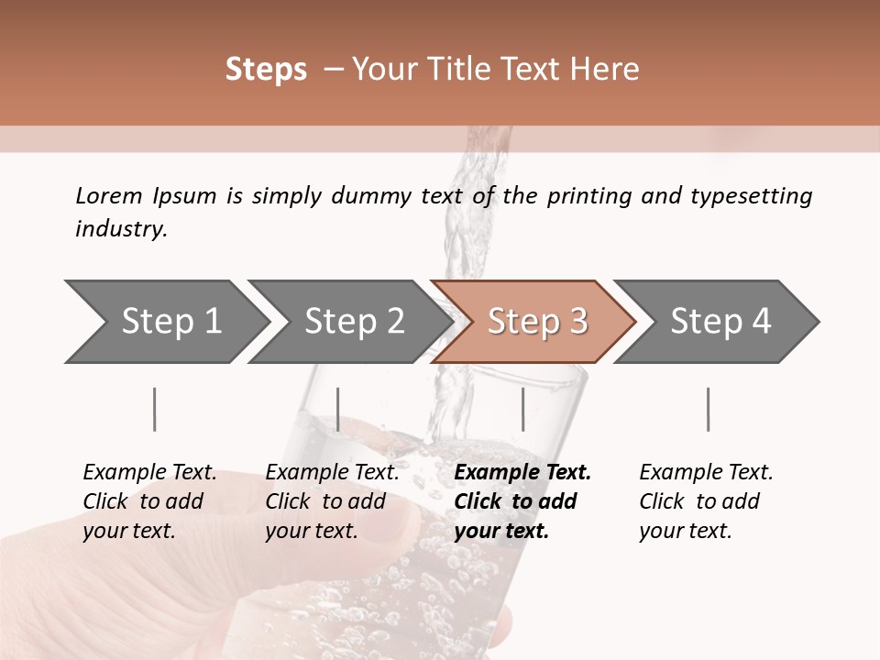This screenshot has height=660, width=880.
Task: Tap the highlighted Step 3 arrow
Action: tap(536, 322)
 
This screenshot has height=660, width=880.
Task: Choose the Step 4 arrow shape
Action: tap(720, 322)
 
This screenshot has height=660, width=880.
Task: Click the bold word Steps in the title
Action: tap(266, 70)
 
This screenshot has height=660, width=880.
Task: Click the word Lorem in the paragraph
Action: tap(108, 195)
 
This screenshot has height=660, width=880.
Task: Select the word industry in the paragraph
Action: tap(121, 229)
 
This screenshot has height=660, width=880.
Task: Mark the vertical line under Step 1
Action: tap(155, 409)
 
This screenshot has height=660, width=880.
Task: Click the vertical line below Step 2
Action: tap(338, 409)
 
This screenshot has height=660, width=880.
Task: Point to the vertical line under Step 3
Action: tap(523, 409)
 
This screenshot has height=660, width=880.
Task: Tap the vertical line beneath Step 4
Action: tap(709, 409)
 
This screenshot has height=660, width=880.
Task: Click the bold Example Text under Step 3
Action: tap(522, 473)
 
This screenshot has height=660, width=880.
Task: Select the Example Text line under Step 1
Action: tap(149, 473)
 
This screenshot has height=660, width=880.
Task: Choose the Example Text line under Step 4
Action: tap(706, 473)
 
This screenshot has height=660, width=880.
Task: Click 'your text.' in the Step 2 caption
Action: tap(311, 531)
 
